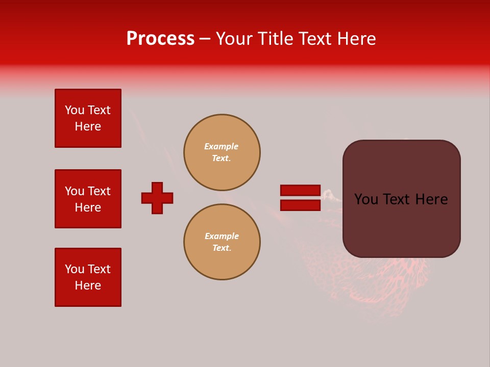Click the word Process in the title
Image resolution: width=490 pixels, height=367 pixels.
(160, 39)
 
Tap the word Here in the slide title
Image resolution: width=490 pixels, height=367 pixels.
(355, 39)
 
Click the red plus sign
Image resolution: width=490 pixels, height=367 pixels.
(157, 198)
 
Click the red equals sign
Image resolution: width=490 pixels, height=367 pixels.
(300, 198)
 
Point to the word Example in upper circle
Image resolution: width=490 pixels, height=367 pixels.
(222, 146)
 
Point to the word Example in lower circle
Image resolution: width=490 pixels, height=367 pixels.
(222, 236)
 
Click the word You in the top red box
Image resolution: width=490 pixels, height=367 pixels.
(75, 110)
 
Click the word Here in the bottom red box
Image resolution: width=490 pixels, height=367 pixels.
(88, 285)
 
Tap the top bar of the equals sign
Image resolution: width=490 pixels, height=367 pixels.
(300, 191)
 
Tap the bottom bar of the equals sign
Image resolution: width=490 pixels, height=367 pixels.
(300, 205)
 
